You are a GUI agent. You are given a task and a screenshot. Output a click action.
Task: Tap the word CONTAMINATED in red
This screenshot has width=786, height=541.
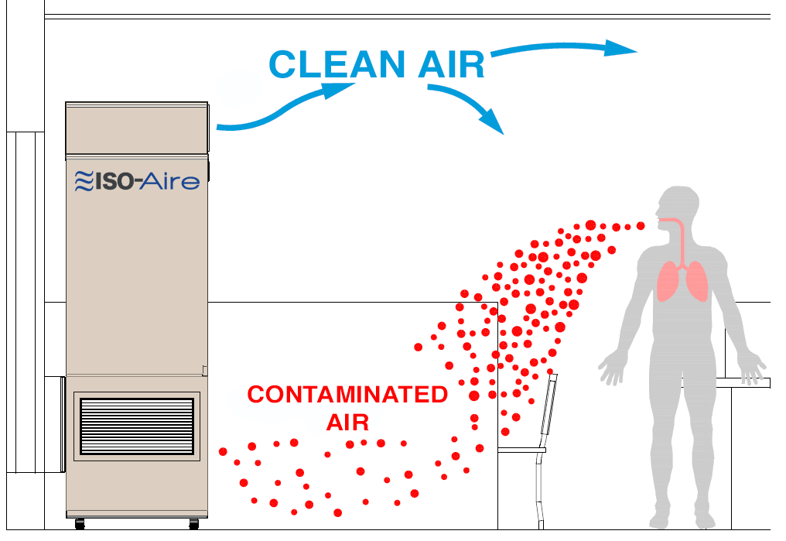347,395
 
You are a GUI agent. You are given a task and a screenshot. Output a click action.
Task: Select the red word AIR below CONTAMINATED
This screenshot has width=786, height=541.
347,423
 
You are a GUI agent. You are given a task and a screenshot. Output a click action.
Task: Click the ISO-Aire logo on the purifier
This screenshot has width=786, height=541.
137,181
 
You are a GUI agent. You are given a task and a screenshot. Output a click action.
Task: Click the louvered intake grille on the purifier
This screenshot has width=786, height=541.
137,426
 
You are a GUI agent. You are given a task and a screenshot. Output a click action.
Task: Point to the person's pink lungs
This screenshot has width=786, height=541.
682,281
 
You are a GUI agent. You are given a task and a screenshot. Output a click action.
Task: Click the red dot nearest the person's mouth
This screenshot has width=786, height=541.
640,226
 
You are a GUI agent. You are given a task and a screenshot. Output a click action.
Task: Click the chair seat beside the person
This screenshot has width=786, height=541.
521,450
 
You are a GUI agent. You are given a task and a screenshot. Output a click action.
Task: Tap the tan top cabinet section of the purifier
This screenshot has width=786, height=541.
137,129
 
